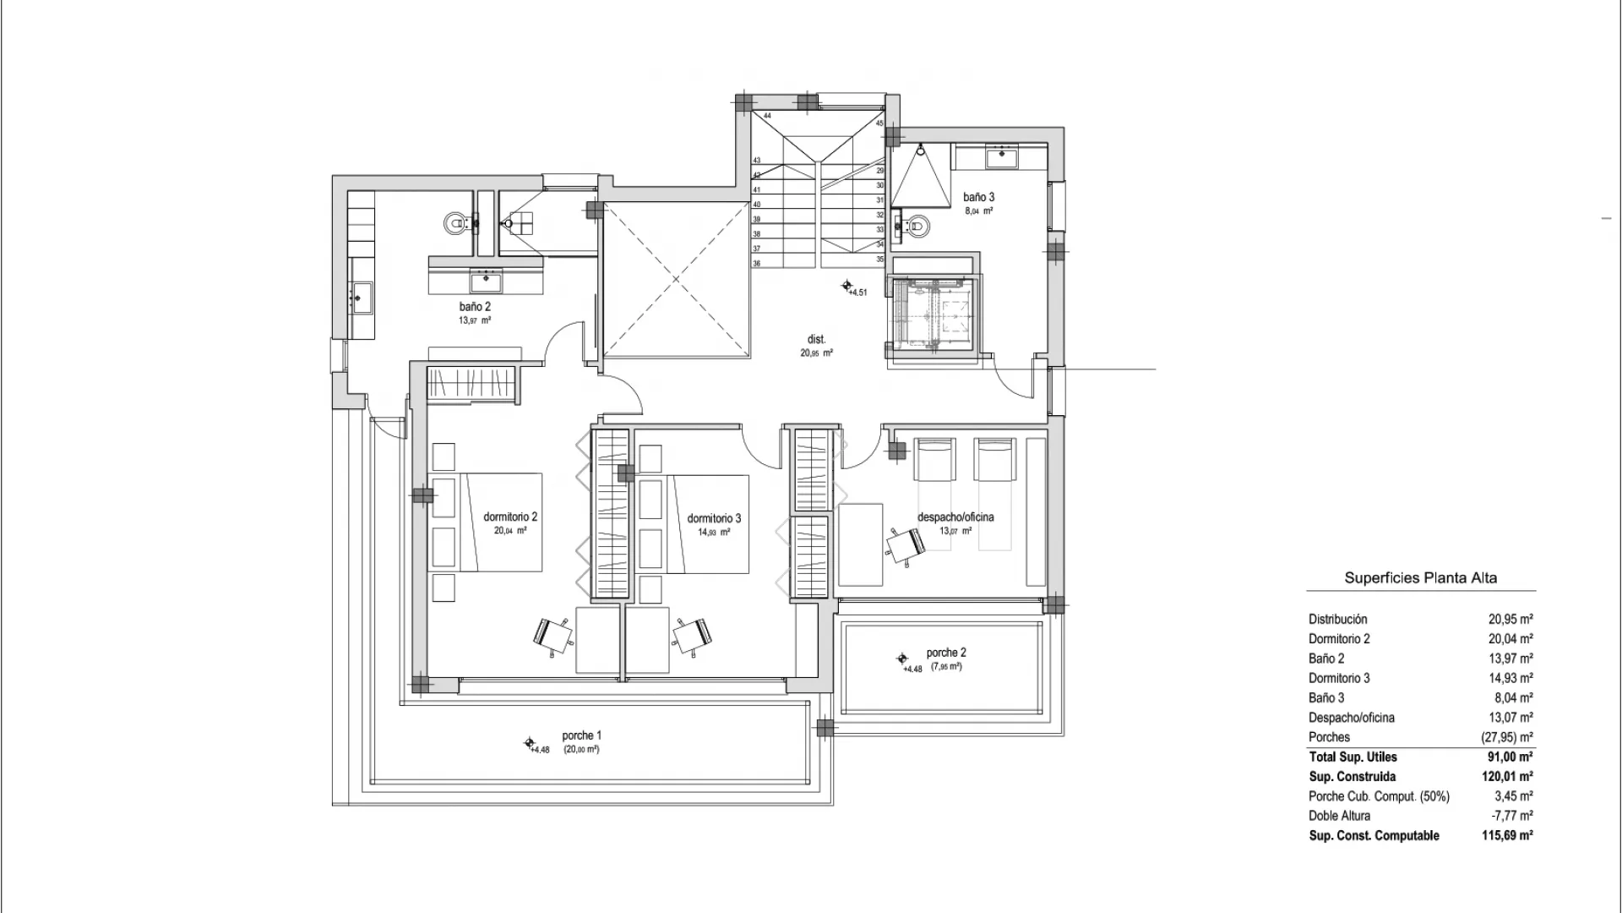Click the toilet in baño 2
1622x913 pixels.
456,223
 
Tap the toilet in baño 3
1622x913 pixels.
917,225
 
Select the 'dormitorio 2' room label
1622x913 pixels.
510,517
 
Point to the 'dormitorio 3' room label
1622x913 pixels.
714,518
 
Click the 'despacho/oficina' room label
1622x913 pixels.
955,517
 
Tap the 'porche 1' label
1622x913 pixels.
581,735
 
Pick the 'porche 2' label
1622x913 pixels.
946,653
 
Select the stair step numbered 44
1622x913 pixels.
767,116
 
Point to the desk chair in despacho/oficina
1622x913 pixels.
905,544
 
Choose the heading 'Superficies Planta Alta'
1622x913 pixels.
1420,578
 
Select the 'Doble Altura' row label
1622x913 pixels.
1339,816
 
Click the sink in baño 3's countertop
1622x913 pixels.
1004,154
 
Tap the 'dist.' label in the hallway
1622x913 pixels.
816,339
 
